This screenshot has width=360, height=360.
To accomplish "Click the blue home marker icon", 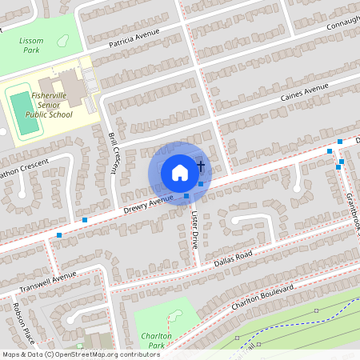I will pyautogui.click(x=180, y=171).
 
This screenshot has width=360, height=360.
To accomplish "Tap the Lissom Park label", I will pyautogui.click(x=32, y=44).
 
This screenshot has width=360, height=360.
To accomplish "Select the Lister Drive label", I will pyautogui.click(x=194, y=230).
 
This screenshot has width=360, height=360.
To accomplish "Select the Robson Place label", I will pyautogui.click(x=21, y=320).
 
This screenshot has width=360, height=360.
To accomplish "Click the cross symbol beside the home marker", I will pyautogui.click(x=200, y=165).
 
